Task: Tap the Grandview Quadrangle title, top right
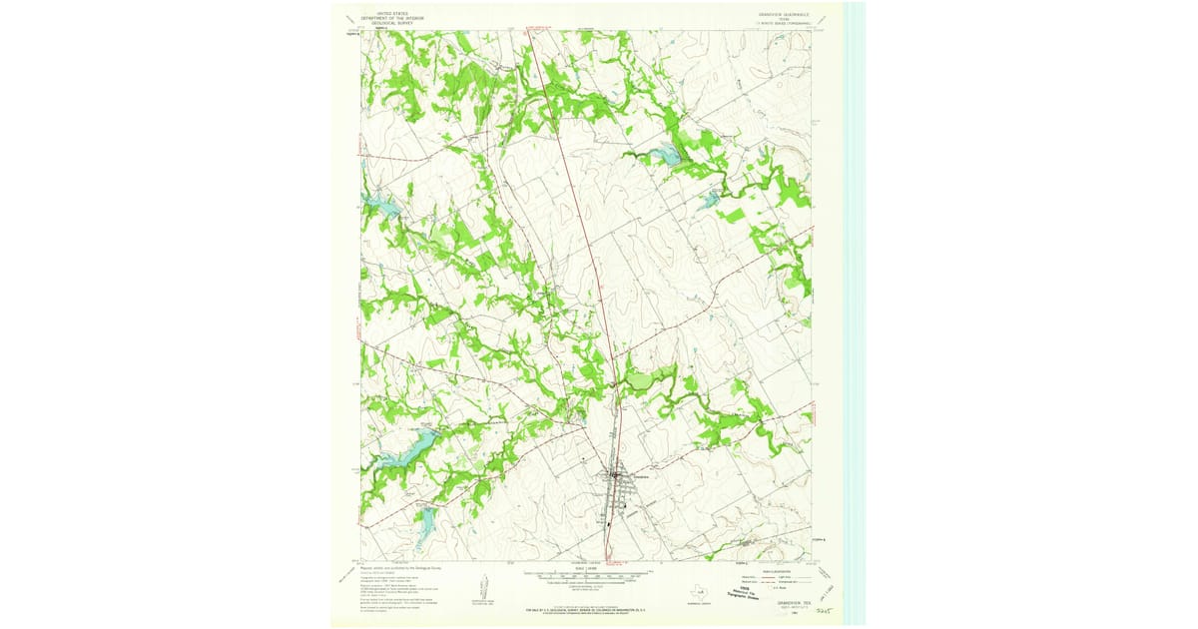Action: pos(775,14)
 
